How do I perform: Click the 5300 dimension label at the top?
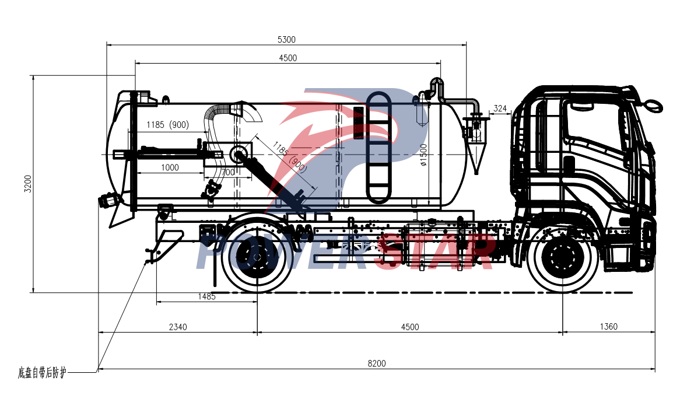(287, 40)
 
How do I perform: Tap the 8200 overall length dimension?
(377, 363)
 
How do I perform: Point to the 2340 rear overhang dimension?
(178, 327)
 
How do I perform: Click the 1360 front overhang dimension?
(608, 327)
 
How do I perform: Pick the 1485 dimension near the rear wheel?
(206, 296)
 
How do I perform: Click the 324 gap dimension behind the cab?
(499, 109)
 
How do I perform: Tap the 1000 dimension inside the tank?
(169, 167)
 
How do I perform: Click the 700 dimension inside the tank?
(229, 172)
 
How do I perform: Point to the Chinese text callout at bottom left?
(42, 372)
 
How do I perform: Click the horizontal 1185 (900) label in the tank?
(167, 125)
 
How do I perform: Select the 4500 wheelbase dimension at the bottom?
(410, 327)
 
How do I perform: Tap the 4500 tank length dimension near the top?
(288, 58)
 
